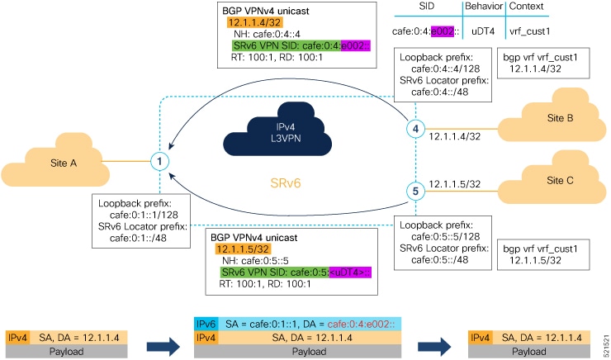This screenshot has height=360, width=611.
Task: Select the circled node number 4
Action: coord(416,129)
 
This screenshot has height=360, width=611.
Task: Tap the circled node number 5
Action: coord(416,191)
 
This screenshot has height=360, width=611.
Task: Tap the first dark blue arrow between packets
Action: coord(161,338)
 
